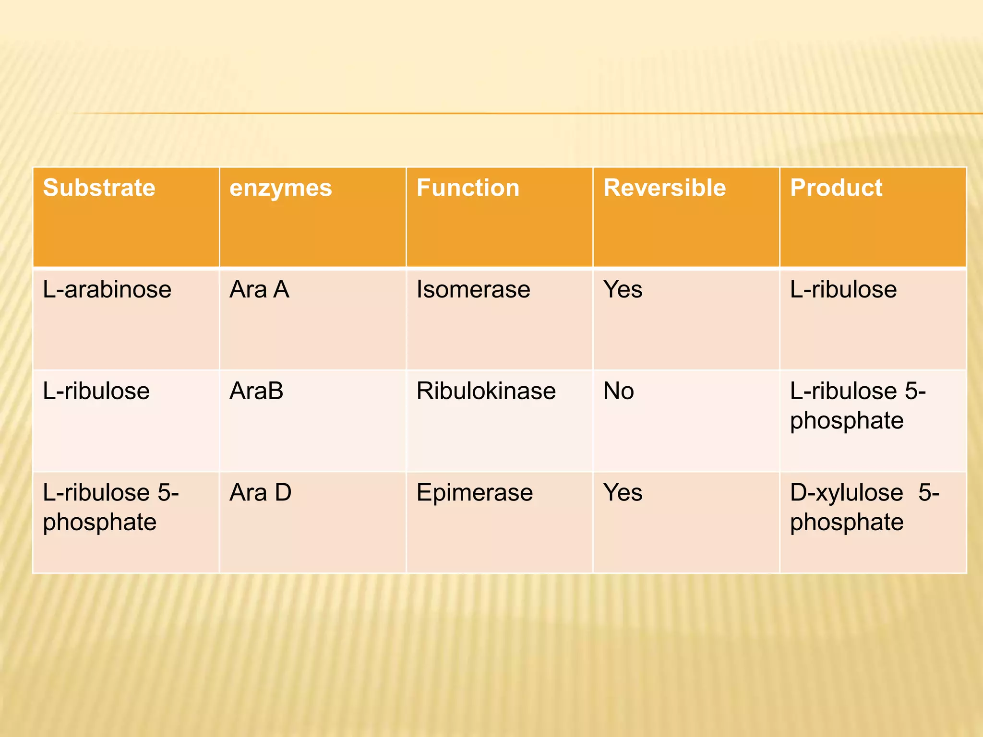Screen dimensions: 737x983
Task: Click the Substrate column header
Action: coord(99,188)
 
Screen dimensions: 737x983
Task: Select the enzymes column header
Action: coord(280,188)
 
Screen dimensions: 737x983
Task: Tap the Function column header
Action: coord(468,188)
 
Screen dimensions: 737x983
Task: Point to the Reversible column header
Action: coord(664,188)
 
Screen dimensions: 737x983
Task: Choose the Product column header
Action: coord(836,188)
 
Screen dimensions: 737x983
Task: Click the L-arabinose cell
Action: coord(107,289)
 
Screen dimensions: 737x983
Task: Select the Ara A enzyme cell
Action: coord(259,289)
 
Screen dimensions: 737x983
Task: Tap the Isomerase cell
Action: coord(473,289)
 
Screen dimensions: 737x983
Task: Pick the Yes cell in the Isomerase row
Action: coord(623,289)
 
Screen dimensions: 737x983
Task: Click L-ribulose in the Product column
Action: coord(843,289)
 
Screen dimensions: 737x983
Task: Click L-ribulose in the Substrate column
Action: coord(96,391)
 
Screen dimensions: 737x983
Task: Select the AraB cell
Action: coord(256,391)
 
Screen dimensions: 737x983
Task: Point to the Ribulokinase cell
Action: coord(486,391)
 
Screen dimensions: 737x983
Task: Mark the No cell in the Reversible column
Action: coord(618,391)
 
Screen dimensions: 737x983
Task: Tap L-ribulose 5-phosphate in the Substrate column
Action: coord(110,507)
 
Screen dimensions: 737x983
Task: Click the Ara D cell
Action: coord(260,492)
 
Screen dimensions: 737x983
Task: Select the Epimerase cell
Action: coord(474,492)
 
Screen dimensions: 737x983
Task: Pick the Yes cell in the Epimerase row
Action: coord(623,492)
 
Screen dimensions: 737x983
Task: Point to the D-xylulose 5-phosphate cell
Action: coord(864,507)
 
